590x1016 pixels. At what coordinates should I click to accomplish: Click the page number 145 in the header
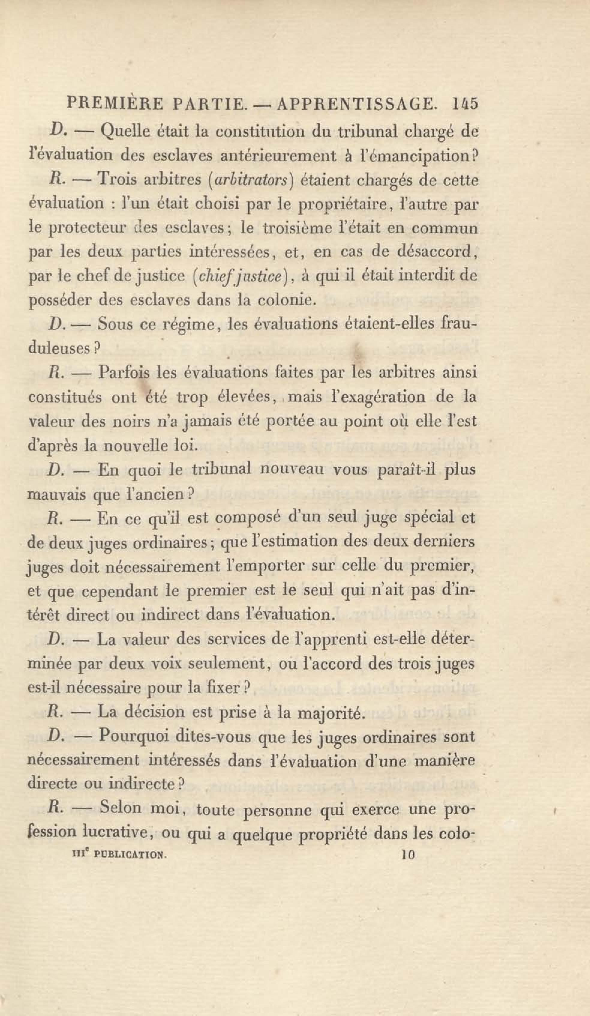pyautogui.click(x=465, y=104)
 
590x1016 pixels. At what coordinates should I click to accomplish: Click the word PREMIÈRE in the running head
pyautogui.click(x=115, y=104)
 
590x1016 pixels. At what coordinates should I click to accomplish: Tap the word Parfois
pyautogui.click(x=124, y=372)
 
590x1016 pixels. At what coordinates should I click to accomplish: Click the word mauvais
pyautogui.click(x=57, y=494)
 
